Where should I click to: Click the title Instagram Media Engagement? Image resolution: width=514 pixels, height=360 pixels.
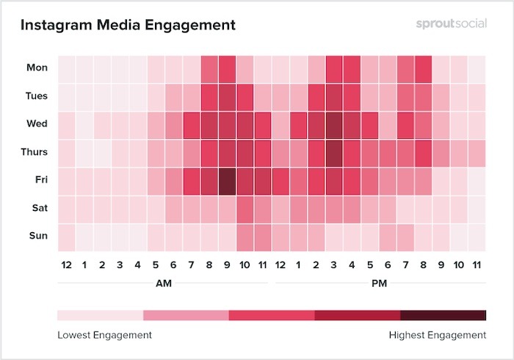[x=128, y=25]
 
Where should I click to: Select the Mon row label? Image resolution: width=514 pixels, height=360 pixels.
[x=37, y=68]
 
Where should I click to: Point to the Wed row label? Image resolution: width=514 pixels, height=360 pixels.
[x=37, y=123]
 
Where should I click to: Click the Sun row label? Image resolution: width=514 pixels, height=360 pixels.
[x=38, y=236]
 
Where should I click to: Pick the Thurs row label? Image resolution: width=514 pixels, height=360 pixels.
[x=35, y=152]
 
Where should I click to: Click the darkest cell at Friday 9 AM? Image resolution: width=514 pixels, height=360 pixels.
[x=226, y=180]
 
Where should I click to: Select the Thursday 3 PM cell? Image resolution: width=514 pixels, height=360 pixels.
[x=333, y=152]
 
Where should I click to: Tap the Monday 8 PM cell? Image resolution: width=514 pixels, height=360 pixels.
[x=423, y=68]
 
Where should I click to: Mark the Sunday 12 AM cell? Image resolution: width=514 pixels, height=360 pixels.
[x=66, y=236]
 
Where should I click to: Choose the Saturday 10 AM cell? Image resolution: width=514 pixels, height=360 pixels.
[x=245, y=208]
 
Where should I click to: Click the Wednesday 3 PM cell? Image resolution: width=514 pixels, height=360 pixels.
[x=333, y=123]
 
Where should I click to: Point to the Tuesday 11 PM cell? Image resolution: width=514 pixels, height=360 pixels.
[x=477, y=96]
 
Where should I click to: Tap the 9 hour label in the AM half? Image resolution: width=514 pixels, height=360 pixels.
[x=226, y=263]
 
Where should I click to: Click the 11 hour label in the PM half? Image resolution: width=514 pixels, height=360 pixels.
[x=477, y=263]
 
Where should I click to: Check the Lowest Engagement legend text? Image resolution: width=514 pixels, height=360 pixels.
[x=104, y=335]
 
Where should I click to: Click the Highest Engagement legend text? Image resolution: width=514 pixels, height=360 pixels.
[x=437, y=335]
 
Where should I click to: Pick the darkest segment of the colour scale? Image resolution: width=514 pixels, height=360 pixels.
[x=443, y=315]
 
